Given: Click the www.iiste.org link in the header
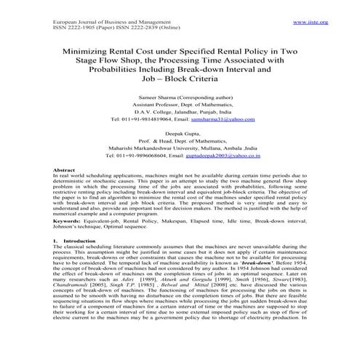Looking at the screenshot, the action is click(311, 23).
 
